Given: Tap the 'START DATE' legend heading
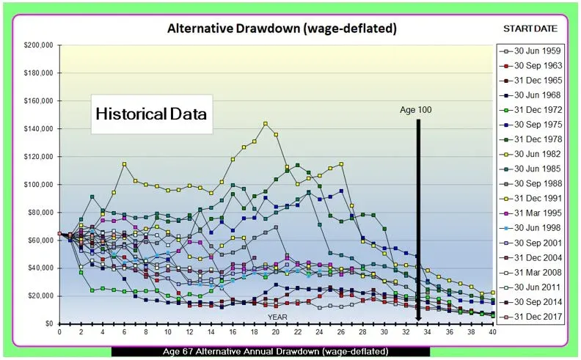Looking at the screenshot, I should click(530, 29).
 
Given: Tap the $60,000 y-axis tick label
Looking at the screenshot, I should click(37, 240).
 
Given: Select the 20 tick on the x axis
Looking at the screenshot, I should click(276, 331).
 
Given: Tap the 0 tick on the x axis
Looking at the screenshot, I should click(59, 331).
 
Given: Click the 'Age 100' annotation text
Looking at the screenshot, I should click(416, 110).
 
